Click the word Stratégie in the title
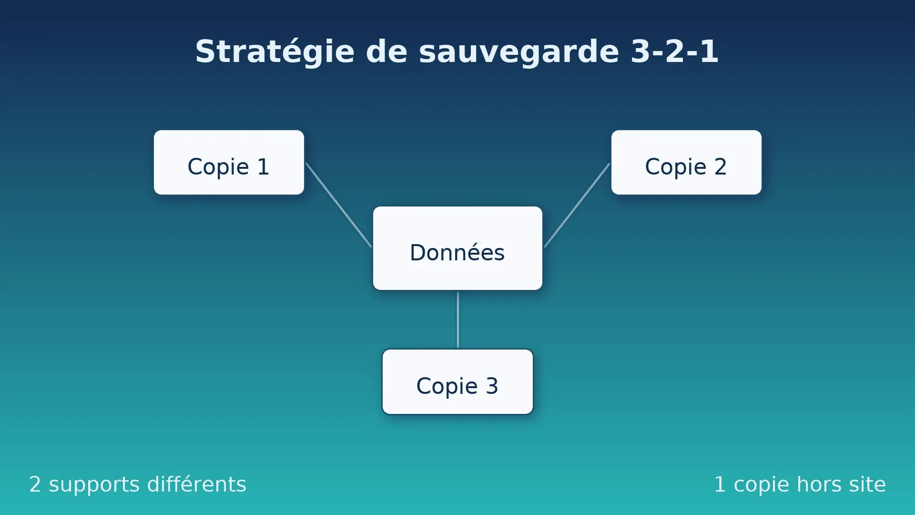pos(274,51)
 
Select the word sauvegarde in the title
pos(518,51)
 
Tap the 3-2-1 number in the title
pos(674,51)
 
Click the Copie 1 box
pos(229,162)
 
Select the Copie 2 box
pos(686,162)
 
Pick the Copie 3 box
pos(457,381)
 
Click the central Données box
pos(457,248)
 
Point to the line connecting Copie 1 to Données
pos(338,205)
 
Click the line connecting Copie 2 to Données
pos(577,205)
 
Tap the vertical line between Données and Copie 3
pos(458,319)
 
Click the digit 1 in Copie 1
pos(263,166)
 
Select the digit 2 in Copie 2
pos(720,166)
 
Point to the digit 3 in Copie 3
pos(492,386)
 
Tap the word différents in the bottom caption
pos(196,484)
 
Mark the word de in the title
pos(386,51)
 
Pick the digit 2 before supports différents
pos(35,484)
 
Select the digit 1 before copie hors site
pos(720,484)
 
